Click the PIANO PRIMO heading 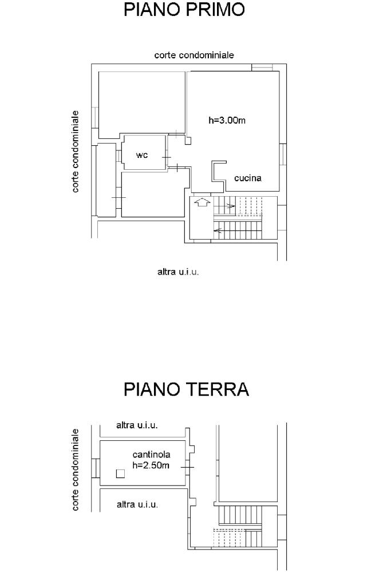click(x=184, y=9)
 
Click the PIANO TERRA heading click(x=186, y=389)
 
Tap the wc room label click(x=142, y=155)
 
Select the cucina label click(x=248, y=178)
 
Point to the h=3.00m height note click(x=227, y=120)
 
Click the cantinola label click(x=151, y=455)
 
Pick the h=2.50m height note click(x=151, y=465)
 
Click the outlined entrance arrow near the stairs click(x=202, y=202)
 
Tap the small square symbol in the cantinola click(x=120, y=473)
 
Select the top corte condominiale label click(x=194, y=55)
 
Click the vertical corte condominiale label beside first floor click(x=76, y=152)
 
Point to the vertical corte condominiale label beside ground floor click(x=76, y=469)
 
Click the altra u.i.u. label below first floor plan click(x=178, y=272)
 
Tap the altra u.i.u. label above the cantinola click(x=137, y=425)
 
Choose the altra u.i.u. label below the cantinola click(x=137, y=504)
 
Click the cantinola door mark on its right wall click(x=187, y=467)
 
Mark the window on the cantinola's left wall click(x=96, y=468)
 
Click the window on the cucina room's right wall click(x=283, y=153)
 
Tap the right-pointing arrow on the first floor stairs click(x=230, y=205)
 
